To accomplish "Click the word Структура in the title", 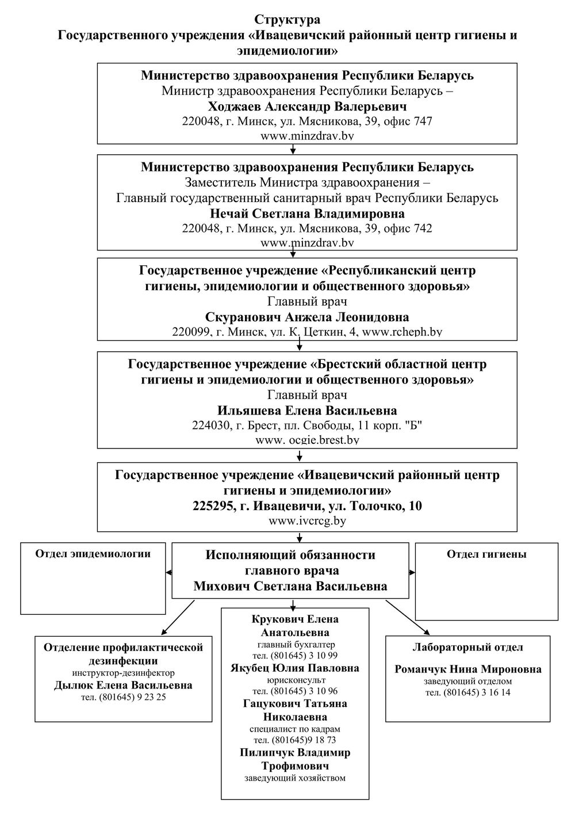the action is pos(287,19).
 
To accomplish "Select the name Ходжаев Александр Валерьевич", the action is pos(307,106).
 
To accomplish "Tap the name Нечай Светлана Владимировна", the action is pos(307,214).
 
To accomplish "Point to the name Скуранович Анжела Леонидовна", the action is pos(307,317).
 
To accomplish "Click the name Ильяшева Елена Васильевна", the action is pos(307,410).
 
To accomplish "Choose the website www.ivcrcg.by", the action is pos(307,521).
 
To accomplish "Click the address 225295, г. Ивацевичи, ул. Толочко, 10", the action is pos(307,506).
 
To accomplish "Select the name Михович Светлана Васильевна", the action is pos(290,586).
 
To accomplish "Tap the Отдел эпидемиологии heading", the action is pos(93,554).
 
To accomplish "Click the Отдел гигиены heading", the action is pos(486,554).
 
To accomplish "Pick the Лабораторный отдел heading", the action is pos(468,647).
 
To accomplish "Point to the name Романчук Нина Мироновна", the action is pos(468,669).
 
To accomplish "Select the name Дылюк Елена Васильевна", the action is pos(123,686).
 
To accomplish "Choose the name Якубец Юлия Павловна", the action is pos(295,668).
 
